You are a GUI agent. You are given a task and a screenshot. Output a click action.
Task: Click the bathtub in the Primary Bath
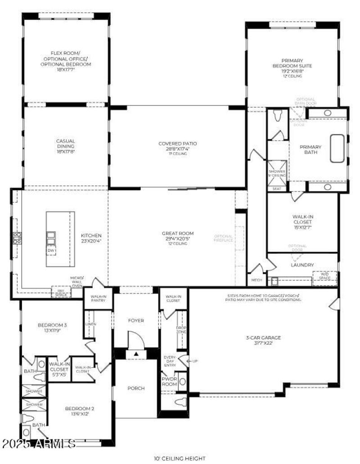click(x=337, y=148)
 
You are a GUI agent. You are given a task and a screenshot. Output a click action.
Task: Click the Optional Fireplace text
click(x=223, y=239)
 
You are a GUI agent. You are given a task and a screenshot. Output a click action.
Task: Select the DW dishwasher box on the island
click(x=51, y=250)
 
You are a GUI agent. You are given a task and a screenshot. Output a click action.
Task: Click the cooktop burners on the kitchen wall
click(x=17, y=238)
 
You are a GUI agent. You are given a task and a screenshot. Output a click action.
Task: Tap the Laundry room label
click(x=302, y=265)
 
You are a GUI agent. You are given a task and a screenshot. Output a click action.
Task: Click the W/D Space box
click(x=324, y=276)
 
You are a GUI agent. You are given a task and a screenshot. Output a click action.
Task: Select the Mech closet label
click(x=256, y=280)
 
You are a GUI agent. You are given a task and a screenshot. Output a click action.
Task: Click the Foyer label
click(x=136, y=321)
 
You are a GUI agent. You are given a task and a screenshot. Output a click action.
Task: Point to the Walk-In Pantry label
click(x=98, y=298)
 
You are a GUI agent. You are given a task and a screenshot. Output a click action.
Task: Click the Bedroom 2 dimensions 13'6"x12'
click(x=79, y=414)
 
